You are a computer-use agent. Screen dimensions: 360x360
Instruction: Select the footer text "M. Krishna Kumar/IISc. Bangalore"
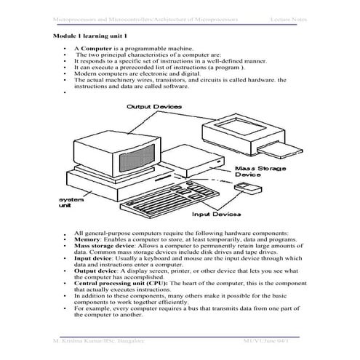pos(95,340)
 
